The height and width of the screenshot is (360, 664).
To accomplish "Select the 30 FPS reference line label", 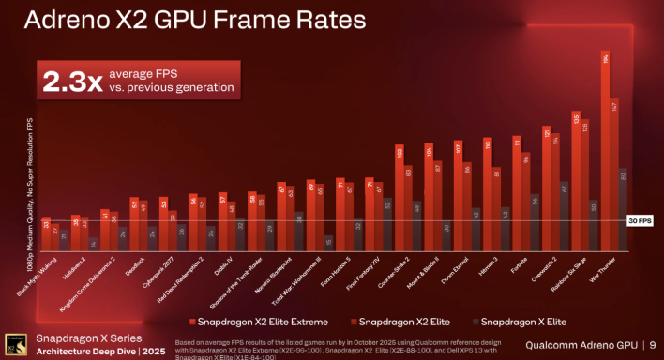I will point(638,220).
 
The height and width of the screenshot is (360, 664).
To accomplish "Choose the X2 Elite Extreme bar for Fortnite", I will point(517,191).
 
